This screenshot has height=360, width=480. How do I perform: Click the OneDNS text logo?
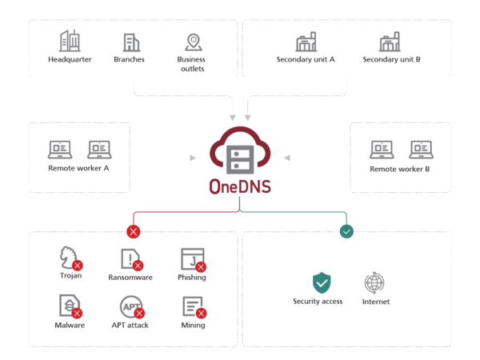240,186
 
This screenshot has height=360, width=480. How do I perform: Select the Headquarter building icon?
70,41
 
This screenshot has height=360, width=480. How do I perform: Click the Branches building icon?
130,42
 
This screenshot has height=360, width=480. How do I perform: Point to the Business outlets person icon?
193,42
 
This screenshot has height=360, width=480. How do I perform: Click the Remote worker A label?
78,168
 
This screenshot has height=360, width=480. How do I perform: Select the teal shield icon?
322,282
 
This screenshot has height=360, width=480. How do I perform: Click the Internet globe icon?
374,282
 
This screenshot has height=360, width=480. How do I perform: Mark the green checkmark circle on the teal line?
346,231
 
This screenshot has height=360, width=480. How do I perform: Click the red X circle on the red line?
134,231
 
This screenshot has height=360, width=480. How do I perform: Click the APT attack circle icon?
130,305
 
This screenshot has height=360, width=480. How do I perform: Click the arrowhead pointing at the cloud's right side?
287,158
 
